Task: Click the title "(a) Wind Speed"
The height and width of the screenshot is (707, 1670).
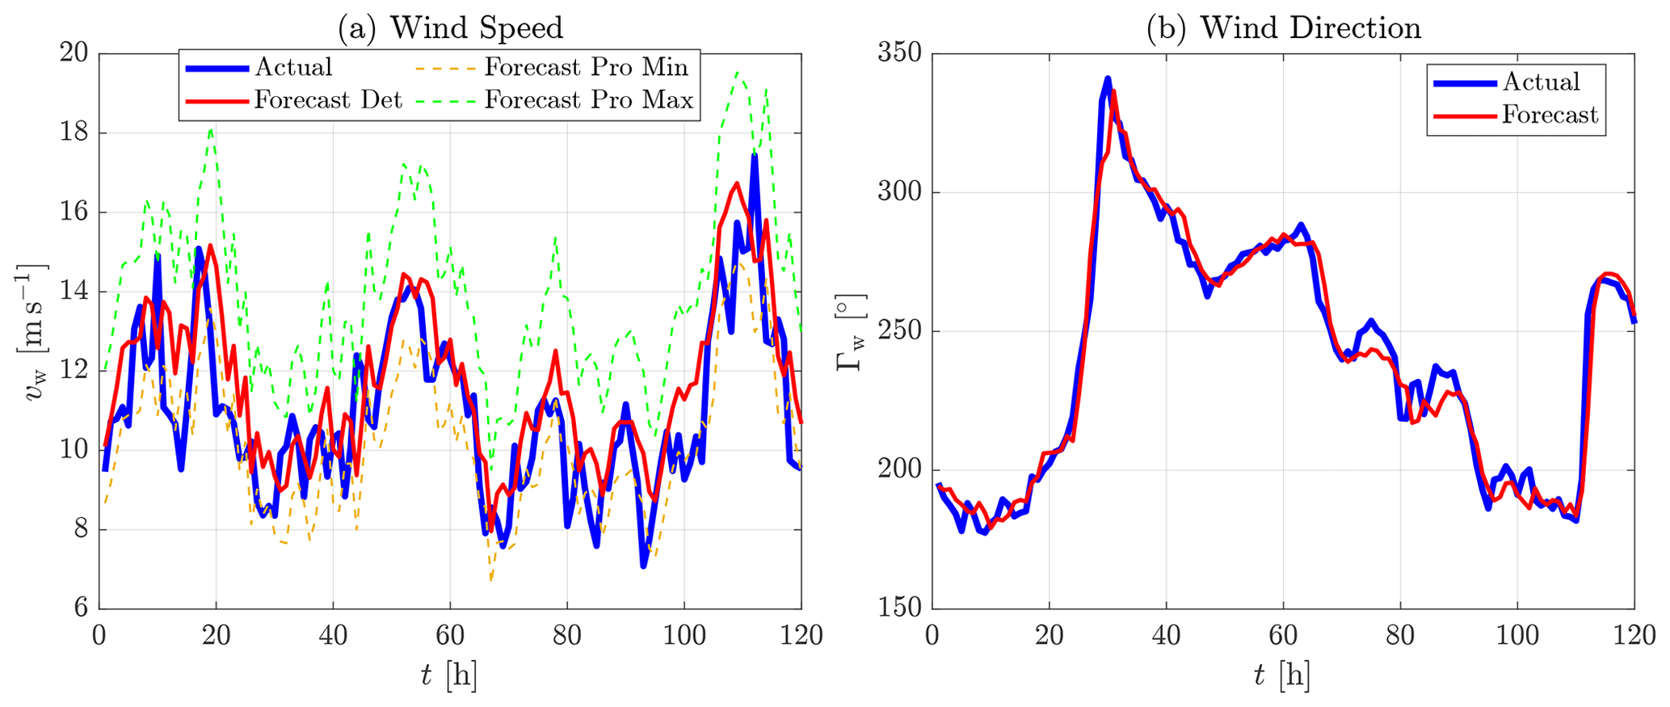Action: (x=450, y=28)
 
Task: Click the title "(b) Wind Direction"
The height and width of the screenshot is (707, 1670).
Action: (x=1283, y=28)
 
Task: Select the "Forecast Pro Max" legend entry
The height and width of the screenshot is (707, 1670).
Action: (x=588, y=100)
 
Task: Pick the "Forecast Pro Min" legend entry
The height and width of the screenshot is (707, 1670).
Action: (x=586, y=67)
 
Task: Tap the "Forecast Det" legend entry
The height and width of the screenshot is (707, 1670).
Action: (x=328, y=100)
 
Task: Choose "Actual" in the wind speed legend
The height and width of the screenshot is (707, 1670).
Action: (x=293, y=67)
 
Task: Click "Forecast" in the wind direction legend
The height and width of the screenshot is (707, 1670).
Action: (x=1550, y=116)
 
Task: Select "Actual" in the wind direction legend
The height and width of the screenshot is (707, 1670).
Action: (x=1541, y=82)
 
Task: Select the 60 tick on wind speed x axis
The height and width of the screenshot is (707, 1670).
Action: (x=450, y=635)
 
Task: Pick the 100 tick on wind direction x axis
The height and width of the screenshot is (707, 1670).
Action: (x=1517, y=635)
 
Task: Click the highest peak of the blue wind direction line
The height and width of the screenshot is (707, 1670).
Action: (x=1107, y=78)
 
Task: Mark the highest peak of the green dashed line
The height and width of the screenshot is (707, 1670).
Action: (x=737, y=72)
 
